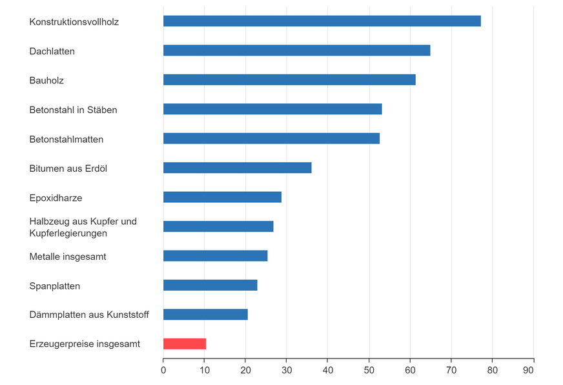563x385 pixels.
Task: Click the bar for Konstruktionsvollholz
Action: (x=322, y=21)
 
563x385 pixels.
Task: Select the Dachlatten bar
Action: (x=296, y=50)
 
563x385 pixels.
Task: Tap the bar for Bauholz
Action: (x=289, y=80)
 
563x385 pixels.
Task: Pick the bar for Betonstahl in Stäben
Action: (x=272, y=109)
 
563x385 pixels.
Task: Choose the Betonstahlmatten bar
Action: (x=271, y=138)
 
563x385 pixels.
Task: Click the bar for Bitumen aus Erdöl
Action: (x=237, y=168)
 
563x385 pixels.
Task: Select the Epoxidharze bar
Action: (x=222, y=197)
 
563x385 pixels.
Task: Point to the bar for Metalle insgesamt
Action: (x=215, y=256)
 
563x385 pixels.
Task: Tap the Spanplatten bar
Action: (x=210, y=285)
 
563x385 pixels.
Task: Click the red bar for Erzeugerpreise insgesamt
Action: (x=184, y=344)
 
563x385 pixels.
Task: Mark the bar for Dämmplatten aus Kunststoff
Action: (x=205, y=315)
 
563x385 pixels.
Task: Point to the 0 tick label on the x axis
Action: (x=163, y=371)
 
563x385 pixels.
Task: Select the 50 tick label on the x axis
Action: (x=369, y=371)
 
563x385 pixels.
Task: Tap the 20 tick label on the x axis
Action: (x=245, y=371)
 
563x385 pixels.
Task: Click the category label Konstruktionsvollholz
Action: (x=74, y=22)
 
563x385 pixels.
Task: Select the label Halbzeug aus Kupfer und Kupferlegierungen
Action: (x=83, y=227)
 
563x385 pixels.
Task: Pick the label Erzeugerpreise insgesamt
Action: (x=85, y=344)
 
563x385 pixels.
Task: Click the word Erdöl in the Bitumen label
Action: (x=96, y=169)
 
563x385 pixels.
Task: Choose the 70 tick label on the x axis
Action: (x=451, y=371)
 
